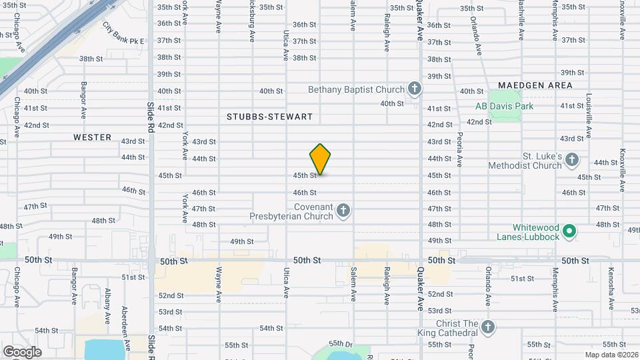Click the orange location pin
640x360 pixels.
(x=320, y=159)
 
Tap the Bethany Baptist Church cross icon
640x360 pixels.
(x=415, y=89)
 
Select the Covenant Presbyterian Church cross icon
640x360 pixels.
(x=343, y=211)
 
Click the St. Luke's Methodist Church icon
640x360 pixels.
(x=573, y=160)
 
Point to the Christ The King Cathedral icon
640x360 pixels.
(x=488, y=327)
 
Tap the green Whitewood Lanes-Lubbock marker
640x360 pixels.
(x=569, y=231)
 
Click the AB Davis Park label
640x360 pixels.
(x=504, y=106)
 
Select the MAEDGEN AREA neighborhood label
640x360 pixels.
(x=535, y=85)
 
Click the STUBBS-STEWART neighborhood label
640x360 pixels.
(x=269, y=117)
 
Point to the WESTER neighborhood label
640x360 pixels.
(x=93, y=137)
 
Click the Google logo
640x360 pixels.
(x=22, y=351)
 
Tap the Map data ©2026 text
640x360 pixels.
(x=611, y=355)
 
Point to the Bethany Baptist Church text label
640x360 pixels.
(x=357, y=89)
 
